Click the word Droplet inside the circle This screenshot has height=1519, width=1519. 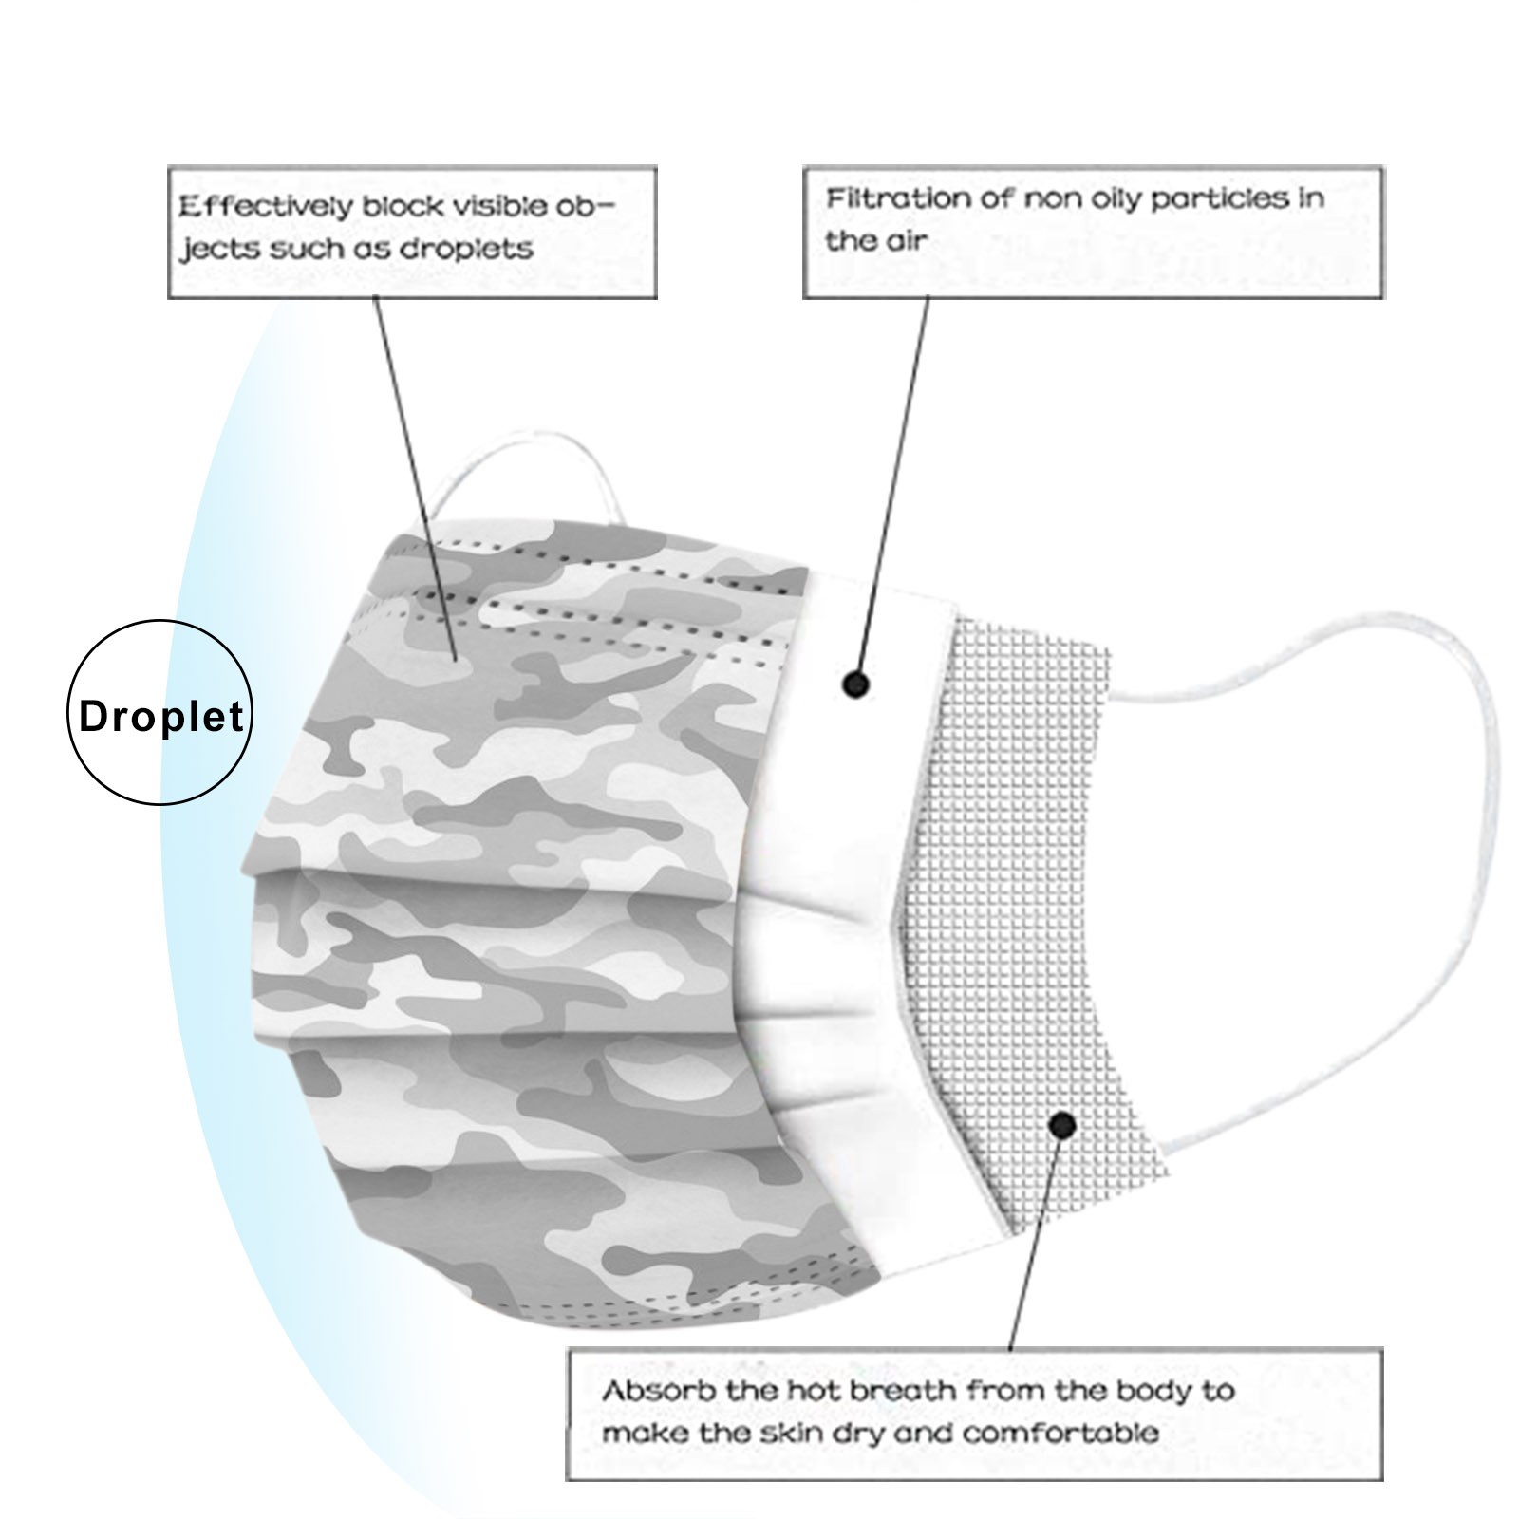[161, 716]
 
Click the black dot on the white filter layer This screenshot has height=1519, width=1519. [856, 684]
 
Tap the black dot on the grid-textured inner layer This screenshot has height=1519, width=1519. [1063, 1127]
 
